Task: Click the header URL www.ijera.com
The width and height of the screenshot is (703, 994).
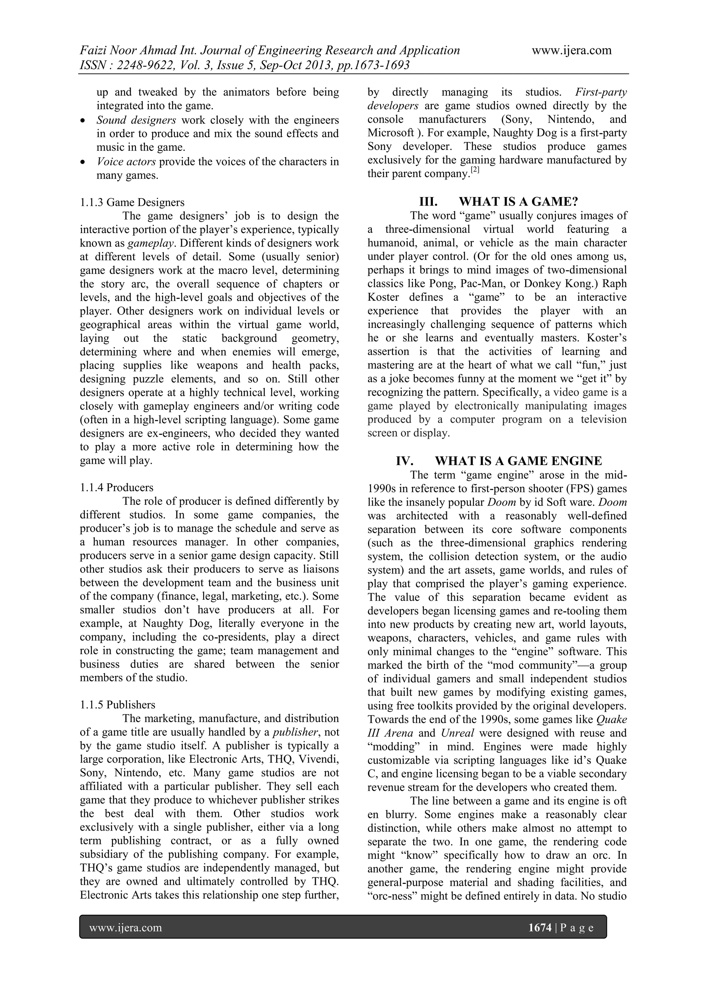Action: coord(572,51)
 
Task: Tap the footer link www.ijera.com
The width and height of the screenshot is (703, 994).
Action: coord(126,928)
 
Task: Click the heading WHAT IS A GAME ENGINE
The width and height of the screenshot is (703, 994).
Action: coord(518,461)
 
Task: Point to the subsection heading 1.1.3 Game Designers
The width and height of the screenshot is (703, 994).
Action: coord(132,202)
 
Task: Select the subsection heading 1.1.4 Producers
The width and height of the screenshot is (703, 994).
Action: coord(116,487)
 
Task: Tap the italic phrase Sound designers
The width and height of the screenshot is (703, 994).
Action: coord(136,120)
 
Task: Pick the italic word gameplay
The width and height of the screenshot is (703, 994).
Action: coord(151,243)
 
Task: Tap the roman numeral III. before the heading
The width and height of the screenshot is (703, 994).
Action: coord(428,202)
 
